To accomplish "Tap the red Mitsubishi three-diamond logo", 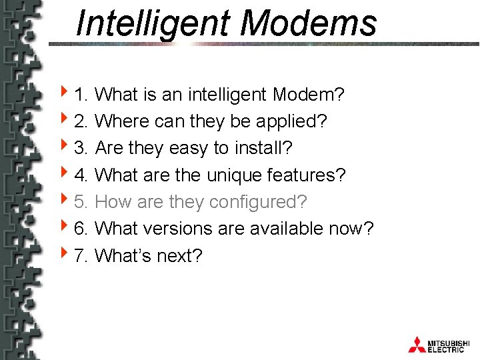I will (x=417, y=344).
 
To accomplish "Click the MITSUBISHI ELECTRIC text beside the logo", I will (x=450, y=345).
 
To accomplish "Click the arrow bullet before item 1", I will (x=63, y=94).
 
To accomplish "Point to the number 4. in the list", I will (x=83, y=175).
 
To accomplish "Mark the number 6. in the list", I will (x=83, y=229).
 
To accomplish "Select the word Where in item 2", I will (x=122, y=121).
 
